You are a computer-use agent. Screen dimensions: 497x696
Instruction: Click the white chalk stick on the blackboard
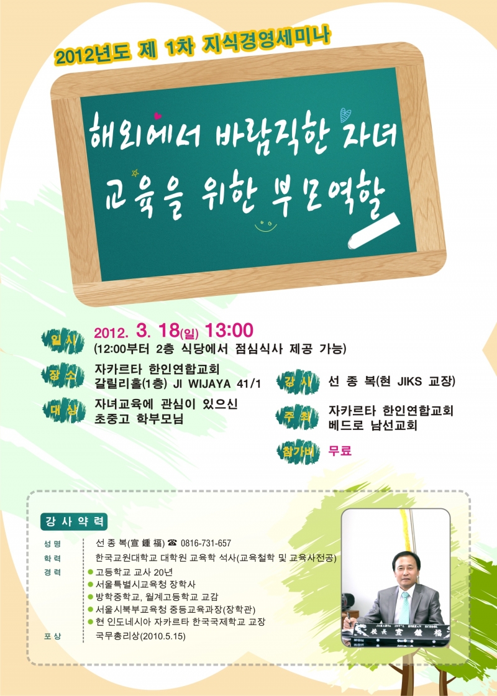(x=374, y=231)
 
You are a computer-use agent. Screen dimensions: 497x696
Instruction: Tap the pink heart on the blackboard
(x=157, y=116)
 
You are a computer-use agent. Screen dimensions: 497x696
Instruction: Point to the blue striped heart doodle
(x=345, y=115)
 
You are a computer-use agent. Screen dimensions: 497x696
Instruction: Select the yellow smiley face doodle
(x=266, y=226)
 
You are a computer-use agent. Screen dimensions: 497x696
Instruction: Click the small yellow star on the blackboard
(x=135, y=173)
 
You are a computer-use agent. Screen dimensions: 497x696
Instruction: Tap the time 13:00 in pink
(x=229, y=330)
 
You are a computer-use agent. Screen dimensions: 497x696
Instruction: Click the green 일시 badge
(x=63, y=341)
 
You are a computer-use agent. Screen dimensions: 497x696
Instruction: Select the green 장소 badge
(x=63, y=376)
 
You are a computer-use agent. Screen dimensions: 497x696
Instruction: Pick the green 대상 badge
(x=63, y=411)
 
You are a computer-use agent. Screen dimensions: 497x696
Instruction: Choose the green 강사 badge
(x=298, y=382)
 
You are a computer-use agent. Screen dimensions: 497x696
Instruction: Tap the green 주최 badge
(x=298, y=417)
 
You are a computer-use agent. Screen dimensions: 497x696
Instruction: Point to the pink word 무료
(x=340, y=451)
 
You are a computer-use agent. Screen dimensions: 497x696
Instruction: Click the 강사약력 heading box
(x=74, y=521)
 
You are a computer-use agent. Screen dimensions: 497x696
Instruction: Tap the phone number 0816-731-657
(x=206, y=543)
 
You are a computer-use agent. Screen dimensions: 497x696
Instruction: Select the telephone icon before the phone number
(x=173, y=543)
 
